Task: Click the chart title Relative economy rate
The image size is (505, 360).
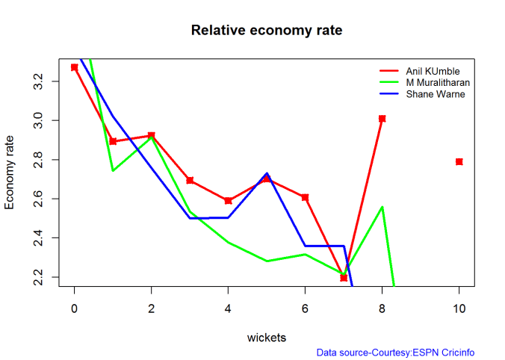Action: (267, 31)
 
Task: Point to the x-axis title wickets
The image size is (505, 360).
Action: (267, 338)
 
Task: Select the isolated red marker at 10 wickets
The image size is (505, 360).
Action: (459, 161)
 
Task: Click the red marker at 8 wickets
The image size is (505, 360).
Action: (382, 118)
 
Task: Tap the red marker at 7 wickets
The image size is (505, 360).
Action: (344, 277)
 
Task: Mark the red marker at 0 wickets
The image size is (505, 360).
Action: (75, 67)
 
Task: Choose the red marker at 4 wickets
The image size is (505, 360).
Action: (229, 200)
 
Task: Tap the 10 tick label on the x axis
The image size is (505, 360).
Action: (459, 308)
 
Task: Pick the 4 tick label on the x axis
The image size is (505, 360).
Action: (229, 308)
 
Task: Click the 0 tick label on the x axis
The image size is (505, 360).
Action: (75, 308)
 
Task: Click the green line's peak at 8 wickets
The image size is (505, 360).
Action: (382, 207)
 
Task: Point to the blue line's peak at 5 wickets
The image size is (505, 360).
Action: (267, 173)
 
